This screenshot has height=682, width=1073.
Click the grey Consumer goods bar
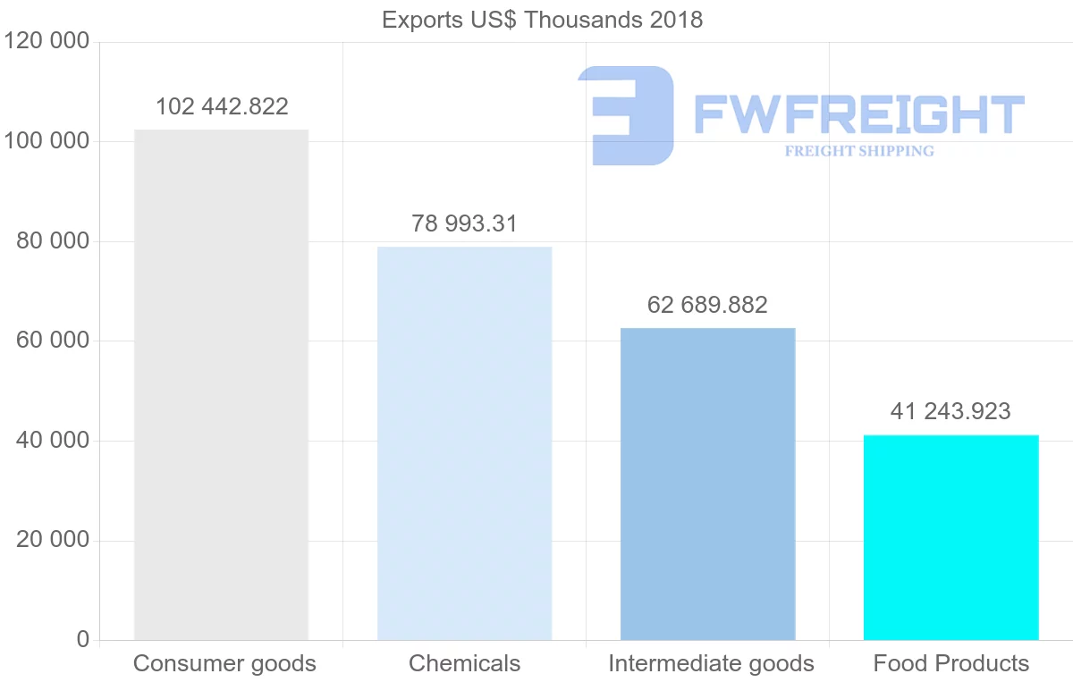point(221,384)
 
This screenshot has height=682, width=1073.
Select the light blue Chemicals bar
point(464,443)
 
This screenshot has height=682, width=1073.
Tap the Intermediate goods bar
point(707,484)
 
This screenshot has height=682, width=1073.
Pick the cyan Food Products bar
point(950,537)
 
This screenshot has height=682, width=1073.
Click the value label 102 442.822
point(222,107)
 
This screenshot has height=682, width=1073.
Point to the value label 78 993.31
point(464,223)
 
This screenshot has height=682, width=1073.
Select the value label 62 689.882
point(707,305)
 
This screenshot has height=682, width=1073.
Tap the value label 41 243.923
point(950,411)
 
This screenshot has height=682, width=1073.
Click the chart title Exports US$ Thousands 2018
point(542,20)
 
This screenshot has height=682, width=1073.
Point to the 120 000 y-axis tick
point(46,42)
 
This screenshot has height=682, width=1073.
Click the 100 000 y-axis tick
point(46,142)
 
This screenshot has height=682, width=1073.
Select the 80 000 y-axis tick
point(54,241)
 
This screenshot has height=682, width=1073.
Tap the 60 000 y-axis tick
point(54,341)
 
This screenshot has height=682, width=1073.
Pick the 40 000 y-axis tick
point(54,441)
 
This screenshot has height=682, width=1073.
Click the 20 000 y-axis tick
point(54,541)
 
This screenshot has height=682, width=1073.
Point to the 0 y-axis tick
point(83,640)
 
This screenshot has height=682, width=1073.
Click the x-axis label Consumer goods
point(224,663)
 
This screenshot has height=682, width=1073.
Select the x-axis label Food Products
point(950,663)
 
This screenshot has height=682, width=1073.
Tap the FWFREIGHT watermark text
point(858,115)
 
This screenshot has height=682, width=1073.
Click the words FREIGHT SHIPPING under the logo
point(859,151)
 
